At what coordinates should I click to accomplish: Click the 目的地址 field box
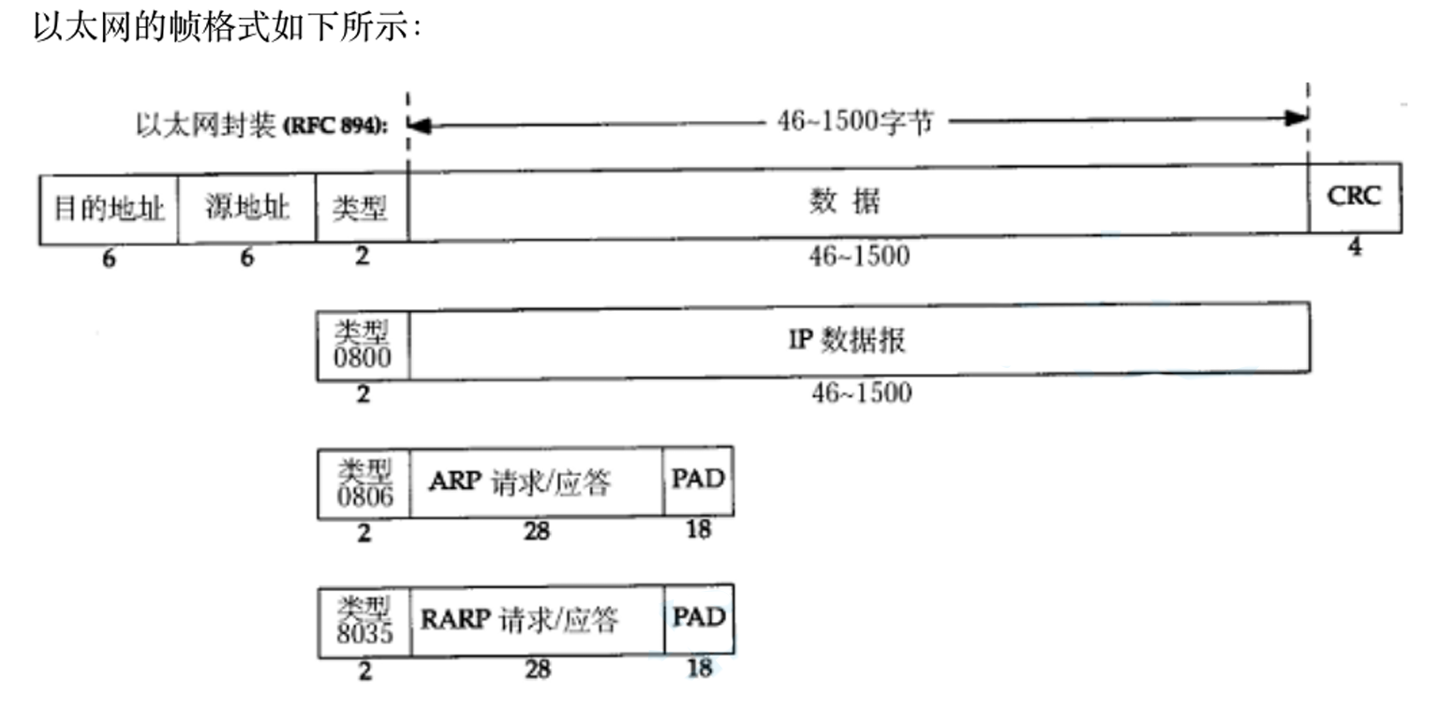click(x=109, y=208)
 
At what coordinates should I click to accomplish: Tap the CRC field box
click(x=1355, y=197)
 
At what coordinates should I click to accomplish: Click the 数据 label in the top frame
click(x=845, y=201)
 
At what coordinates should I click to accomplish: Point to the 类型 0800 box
click(x=363, y=342)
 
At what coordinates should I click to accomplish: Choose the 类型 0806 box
click(x=363, y=481)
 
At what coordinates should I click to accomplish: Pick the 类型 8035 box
click(x=363, y=620)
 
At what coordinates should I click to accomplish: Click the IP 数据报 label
click(x=847, y=339)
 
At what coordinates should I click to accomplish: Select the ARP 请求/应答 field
click(x=520, y=481)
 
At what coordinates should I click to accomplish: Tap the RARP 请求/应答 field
click(x=520, y=620)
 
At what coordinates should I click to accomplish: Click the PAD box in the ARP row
click(x=699, y=480)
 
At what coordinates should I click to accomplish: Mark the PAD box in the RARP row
click(x=699, y=618)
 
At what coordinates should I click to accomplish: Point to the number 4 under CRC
click(x=1355, y=248)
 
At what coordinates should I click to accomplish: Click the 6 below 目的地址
click(x=109, y=258)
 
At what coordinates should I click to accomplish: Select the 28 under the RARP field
click(x=537, y=670)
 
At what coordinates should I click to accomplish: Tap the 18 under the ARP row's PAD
click(x=699, y=529)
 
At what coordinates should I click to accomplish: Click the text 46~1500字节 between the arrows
click(x=854, y=122)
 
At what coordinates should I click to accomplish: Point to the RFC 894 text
click(x=336, y=126)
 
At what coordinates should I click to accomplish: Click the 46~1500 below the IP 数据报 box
click(x=861, y=393)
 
